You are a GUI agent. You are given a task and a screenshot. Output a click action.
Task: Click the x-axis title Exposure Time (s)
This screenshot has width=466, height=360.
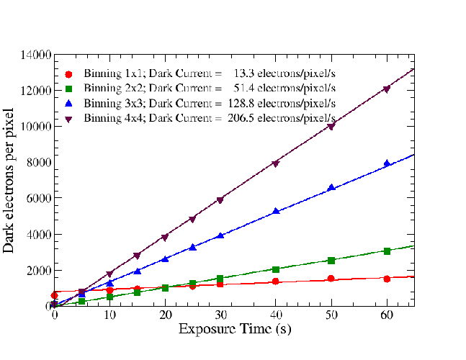[x=234, y=330]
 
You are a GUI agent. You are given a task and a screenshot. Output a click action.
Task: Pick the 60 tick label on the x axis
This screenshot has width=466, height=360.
[x=387, y=316]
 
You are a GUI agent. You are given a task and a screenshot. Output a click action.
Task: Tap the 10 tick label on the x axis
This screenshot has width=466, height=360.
[x=109, y=316]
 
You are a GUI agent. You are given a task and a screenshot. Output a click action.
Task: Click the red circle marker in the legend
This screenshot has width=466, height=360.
[x=68, y=73]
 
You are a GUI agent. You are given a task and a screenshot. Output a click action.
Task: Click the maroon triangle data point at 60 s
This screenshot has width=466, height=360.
[x=387, y=89]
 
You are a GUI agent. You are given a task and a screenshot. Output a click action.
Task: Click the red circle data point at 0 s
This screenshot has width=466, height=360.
[x=55, y=295]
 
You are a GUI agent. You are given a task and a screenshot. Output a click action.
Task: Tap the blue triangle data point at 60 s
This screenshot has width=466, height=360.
[x=387, y=163]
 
